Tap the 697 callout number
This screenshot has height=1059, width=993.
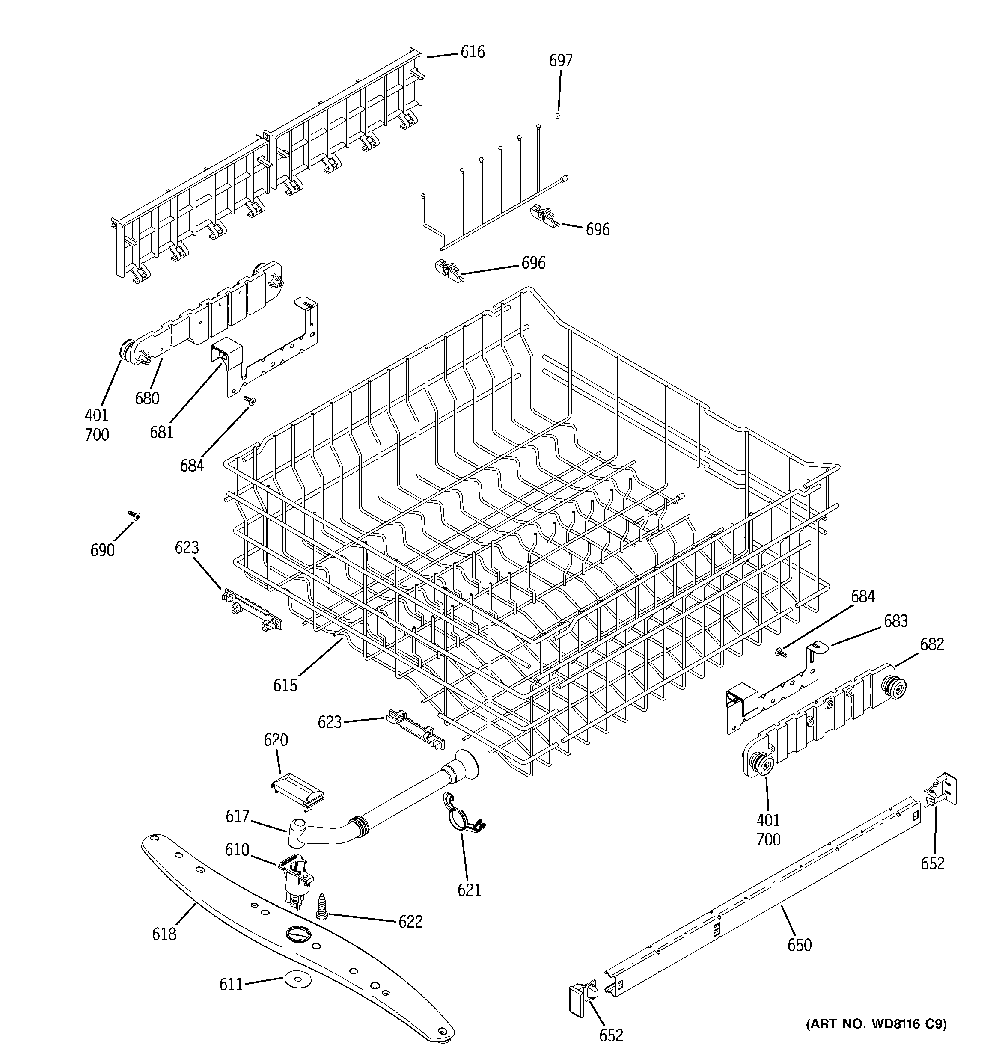(561, 61)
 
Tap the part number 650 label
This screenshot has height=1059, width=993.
(800, 945)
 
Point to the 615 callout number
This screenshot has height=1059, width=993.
(285, 685)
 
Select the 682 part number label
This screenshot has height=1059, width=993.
(932, 644)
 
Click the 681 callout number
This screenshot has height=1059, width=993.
(161, 431)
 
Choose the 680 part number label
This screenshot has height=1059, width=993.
(147, 398)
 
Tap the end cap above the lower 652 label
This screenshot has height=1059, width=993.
(582, 998)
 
